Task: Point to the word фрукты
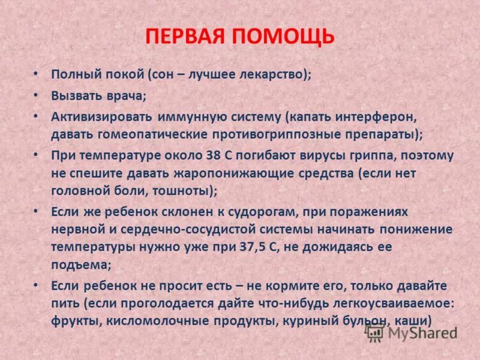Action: tap(76, 320)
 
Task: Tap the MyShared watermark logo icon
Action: tap(374, 331)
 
